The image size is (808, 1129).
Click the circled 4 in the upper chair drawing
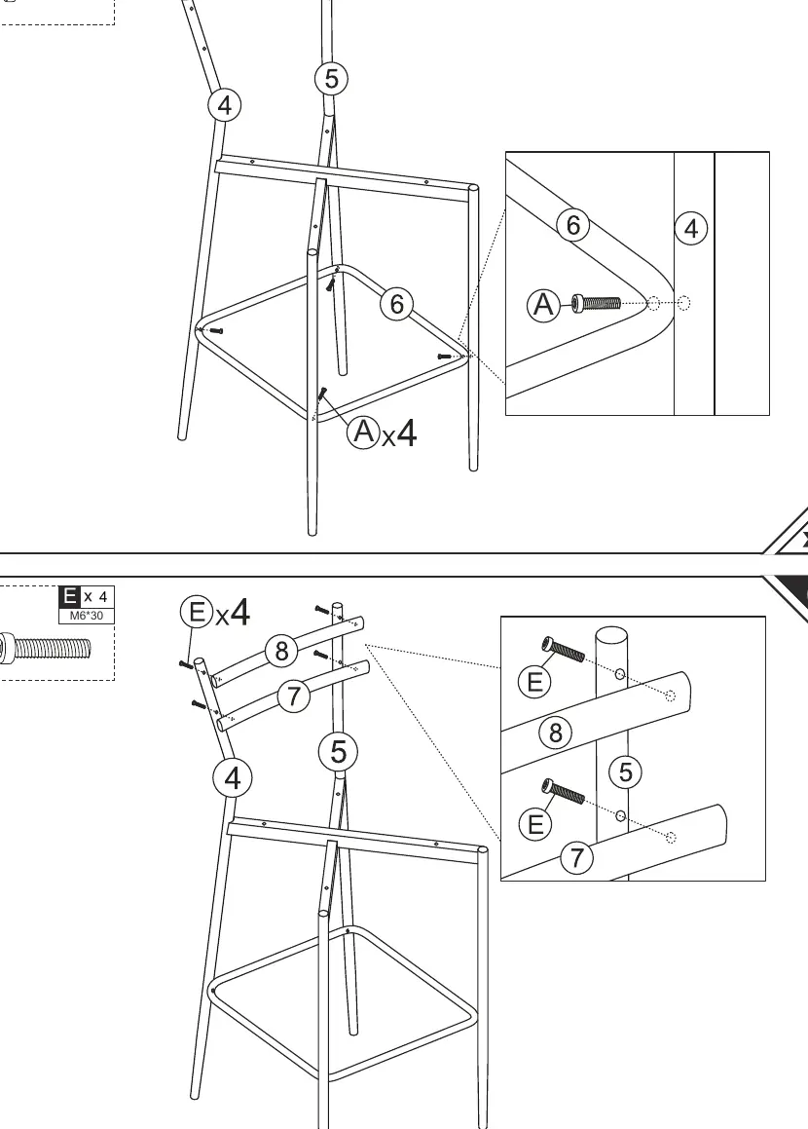coord(225,105)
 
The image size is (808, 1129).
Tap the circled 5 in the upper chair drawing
coord(331,79)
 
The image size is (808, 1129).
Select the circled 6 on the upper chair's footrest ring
coord(396,304)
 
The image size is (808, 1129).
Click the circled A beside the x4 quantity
coord(363,432)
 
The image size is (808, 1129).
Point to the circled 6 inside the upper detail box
coord(572,225)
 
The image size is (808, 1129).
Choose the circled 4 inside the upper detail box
coord(691,229)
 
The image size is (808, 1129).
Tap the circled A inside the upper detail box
coord(543,305)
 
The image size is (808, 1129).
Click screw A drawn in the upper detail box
coord(596,303)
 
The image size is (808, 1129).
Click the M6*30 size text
coord(87,616)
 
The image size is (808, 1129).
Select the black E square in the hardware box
coord(70,597)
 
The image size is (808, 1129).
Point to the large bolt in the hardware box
coord(46,648)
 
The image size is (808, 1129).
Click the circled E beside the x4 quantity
coord(196,612)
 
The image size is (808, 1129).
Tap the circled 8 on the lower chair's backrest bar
coord(281,651)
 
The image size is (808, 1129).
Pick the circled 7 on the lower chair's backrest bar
coord(294,696)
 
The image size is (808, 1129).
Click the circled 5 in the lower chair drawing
coord(338,752)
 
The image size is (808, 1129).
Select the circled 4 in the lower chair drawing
coord(233,778)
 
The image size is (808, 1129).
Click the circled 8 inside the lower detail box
coord(556,733)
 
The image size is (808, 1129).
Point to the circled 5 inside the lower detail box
coord(625,771)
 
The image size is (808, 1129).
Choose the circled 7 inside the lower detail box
coord(577,857)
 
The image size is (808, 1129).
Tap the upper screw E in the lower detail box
coord(563,649)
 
